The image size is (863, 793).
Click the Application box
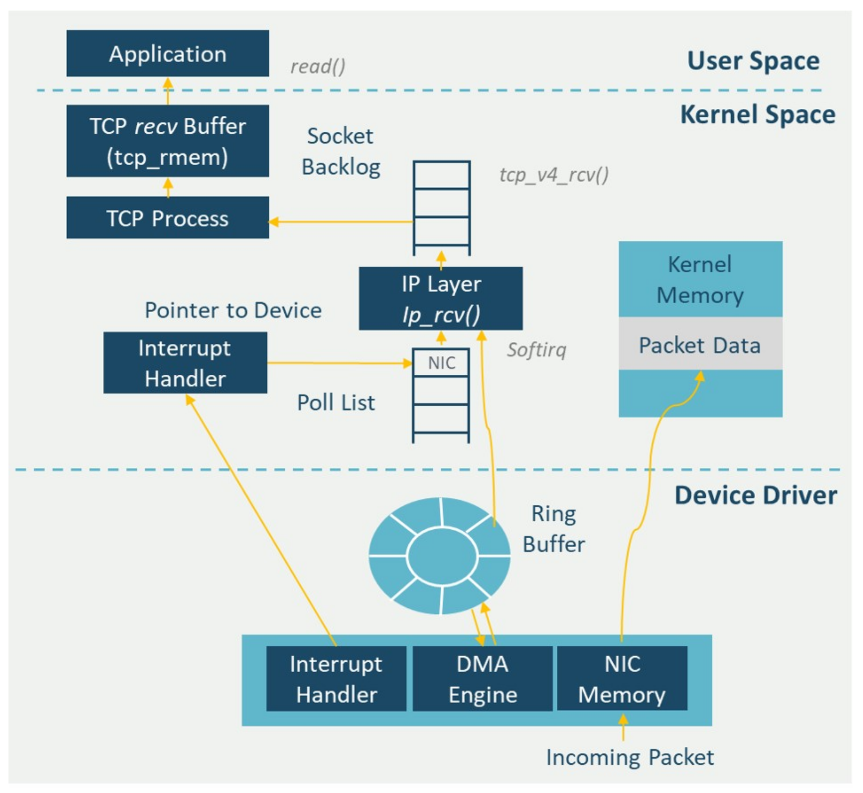pos(168,54)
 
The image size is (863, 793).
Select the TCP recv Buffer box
pos(168,141)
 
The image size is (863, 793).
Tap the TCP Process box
pos(168,218)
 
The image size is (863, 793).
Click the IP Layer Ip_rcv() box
pos(441,299)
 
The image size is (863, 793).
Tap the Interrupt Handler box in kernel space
pos(185,363)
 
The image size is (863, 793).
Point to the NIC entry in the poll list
pos(442,363)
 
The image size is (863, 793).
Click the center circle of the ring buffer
pos(442,557)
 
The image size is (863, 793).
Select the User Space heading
pos(754,61)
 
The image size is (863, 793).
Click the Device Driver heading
pos(756,496)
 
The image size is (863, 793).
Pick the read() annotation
pos(318,66)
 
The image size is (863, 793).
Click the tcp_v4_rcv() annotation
pos(554,175)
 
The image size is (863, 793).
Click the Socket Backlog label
pos(341,152)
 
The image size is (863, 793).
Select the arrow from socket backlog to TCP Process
pos(341,222)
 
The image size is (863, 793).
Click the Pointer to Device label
pos(233,310)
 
